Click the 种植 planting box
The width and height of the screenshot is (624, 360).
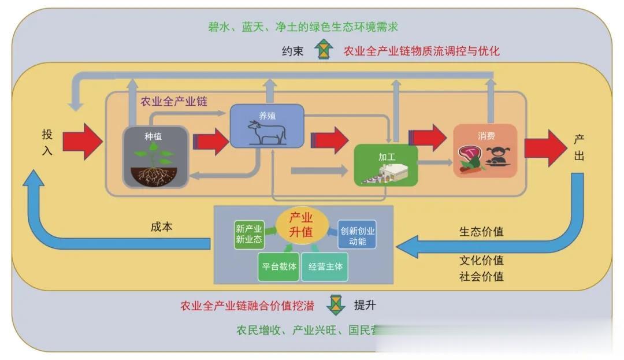tap(155, 157)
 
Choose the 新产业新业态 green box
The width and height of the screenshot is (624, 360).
tap(249, 234)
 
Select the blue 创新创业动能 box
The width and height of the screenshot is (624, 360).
tap(357, 234)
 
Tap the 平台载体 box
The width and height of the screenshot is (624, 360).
tap(278, 266)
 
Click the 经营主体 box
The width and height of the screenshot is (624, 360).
tap(325, 266)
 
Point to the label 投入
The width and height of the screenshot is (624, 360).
tap(47, 142)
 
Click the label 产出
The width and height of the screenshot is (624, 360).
tap(579, 147)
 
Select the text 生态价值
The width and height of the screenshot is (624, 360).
tap(481, 232)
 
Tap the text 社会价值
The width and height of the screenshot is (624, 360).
tap(481, 276)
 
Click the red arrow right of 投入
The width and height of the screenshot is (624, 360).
tap(82, 141)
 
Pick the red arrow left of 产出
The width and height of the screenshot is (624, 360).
tap(545, 148)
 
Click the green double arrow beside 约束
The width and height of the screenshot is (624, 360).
tap(325, 50)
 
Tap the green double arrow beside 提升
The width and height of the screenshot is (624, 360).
tap(335, 305)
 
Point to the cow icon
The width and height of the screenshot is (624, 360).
tap(267, 132)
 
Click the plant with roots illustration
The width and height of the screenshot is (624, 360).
tap(155, 165)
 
